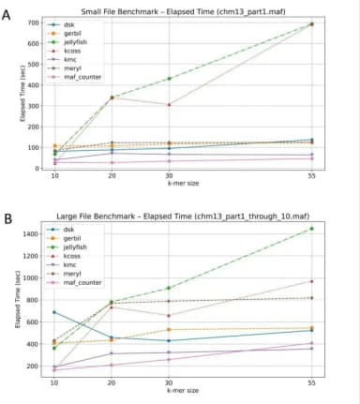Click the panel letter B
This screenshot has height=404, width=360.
coord(8,220)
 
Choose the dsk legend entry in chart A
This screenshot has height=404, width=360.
coord(69,24)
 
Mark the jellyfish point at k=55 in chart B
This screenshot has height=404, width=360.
coord(310,229)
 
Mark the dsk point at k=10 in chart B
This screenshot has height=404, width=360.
coord(54,312)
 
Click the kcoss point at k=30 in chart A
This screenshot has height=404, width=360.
coord(168,104)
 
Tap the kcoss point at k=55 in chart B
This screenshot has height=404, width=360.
coord(310,280)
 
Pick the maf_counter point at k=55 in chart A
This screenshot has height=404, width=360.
coord(310,158)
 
